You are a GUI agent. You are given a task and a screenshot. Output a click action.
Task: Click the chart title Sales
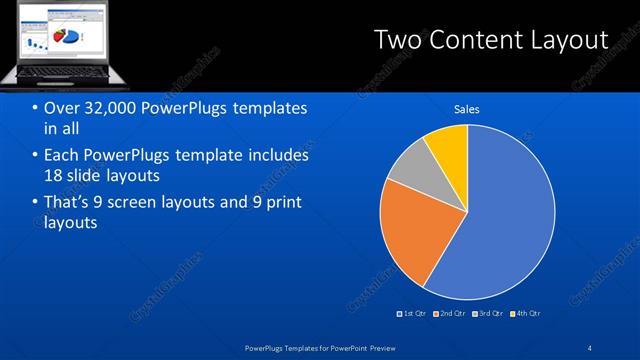pos(467,109)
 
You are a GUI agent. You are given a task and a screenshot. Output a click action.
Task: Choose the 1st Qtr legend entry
pos(414,313)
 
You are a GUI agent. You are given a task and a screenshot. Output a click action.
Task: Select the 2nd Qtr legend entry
pos(452,313)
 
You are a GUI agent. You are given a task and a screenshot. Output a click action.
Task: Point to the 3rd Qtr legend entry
pos(490,313)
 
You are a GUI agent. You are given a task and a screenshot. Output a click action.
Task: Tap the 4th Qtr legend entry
pos(527,313)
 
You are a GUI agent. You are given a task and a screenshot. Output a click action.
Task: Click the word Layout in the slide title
pos(572,39)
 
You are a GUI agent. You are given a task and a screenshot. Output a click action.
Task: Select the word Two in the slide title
pos(396,39)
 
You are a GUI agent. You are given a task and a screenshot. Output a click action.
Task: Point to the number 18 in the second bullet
pos(55,175)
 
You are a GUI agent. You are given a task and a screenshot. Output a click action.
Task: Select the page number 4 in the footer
pos(590,347)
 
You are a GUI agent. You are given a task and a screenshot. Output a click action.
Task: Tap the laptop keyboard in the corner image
pos(61,71)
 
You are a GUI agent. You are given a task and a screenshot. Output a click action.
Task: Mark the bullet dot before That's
pos(36,203)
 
